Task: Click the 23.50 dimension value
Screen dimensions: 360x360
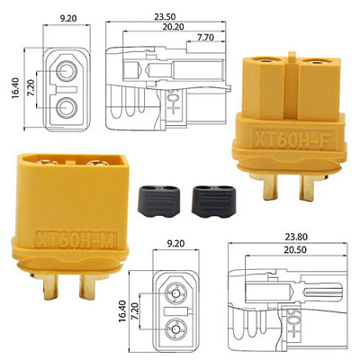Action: pos(165,16)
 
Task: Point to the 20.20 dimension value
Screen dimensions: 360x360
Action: pos(174,27)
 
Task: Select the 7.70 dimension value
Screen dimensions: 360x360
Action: pos(205,37)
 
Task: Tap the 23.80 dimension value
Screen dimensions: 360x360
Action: pos(296,237)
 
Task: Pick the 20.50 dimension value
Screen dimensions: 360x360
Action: pos(296,249)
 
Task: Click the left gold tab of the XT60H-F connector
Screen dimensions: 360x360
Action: pos(270,186)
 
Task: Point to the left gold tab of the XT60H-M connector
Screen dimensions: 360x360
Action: pos(50,286)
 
